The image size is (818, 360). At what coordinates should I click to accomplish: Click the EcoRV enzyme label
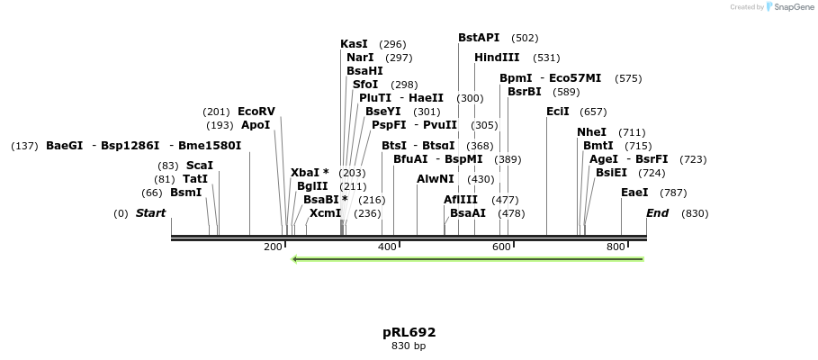tap(256, 112)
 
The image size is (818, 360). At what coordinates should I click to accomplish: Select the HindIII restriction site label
tap(497, 58)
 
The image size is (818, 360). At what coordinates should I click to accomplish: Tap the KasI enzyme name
tap(354, 44)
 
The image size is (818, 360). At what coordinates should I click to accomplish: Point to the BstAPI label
tap(479, 38)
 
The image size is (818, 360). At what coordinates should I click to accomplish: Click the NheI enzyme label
tap(591, 132)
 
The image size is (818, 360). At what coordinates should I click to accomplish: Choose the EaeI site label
tap(634, 193)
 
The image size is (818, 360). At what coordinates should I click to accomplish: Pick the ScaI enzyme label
tap(199, 166)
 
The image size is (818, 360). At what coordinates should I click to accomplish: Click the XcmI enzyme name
tap(326, 213)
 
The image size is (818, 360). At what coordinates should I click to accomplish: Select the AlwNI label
tap(436, 179)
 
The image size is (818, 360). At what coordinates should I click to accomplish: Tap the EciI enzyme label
tap(558, 112)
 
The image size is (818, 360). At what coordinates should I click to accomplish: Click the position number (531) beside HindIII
tap(546, 58)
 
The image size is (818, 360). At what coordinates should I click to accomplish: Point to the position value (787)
tap(673, 193)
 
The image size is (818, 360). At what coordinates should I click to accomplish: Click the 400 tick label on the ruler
tap(387, 247)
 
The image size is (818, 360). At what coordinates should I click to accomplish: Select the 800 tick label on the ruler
tap(616, 247)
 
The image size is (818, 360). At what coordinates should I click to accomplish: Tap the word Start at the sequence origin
tap(151, 213)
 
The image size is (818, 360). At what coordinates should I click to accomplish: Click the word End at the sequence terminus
tap(658, 213)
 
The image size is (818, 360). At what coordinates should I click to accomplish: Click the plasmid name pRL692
tap(409, 332)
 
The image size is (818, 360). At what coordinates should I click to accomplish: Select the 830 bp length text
tap(409, 346)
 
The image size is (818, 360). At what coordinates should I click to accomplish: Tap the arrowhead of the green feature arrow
tap(295, 259)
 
